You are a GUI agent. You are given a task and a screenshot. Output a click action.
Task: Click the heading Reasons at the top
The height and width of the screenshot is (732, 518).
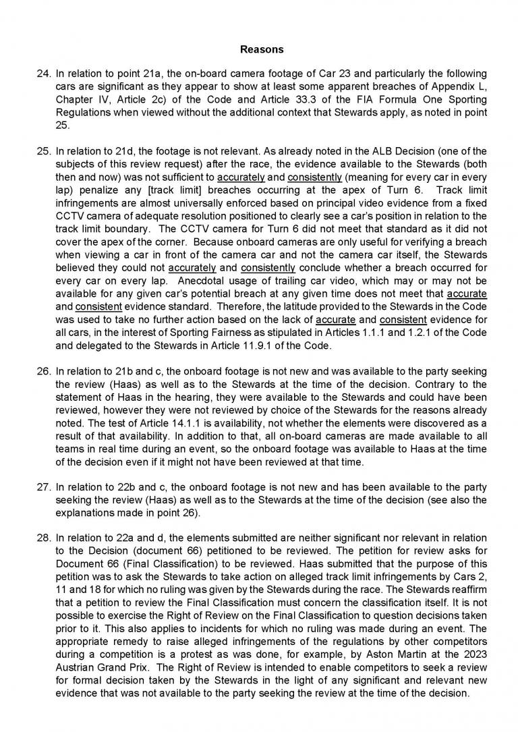(262, 49)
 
